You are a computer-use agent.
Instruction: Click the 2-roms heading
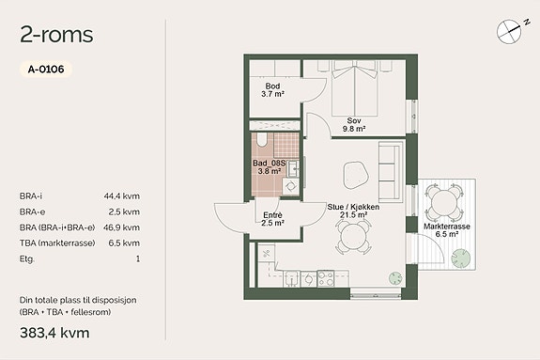pyautogui.click(x=56, y=35)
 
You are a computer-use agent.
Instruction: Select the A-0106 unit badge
pyautogui.click(x=46, y=69)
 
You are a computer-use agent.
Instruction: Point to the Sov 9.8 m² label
pyautogui.click(x=354, y=125)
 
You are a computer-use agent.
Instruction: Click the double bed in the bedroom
pyautogui.click(x=355, y=88)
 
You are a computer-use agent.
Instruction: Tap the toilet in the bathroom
pyautogui.click(x=262, y=140)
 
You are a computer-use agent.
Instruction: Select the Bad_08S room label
pyautogui.click(x=269, y=164)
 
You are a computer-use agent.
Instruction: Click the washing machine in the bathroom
pyautogui.click(x=291, y=186)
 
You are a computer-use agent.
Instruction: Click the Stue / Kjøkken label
pyautogui.click(x=353, y=207)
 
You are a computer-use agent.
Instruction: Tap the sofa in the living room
pyautogui.click(x=391, y=171)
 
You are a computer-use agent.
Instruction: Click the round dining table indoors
pyautogui.click(x=354, y=237)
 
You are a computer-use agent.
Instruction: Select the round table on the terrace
pyautogui.click(x=443, y=203)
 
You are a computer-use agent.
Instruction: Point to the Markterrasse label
pyautogui.click(x=447, y=227)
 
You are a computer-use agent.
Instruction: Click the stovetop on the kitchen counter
pyautogui.click(x=326, y=278)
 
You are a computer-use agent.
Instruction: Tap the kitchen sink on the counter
pyautogui.click(x=291, y=278)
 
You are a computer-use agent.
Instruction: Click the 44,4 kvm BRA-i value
pyautogui.click(x=122, y=196)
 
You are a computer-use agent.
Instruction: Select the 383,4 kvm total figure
pyautogui.click(x=54, y=333)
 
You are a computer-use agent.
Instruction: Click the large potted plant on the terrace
pyautogui.click(x=461, y=258)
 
